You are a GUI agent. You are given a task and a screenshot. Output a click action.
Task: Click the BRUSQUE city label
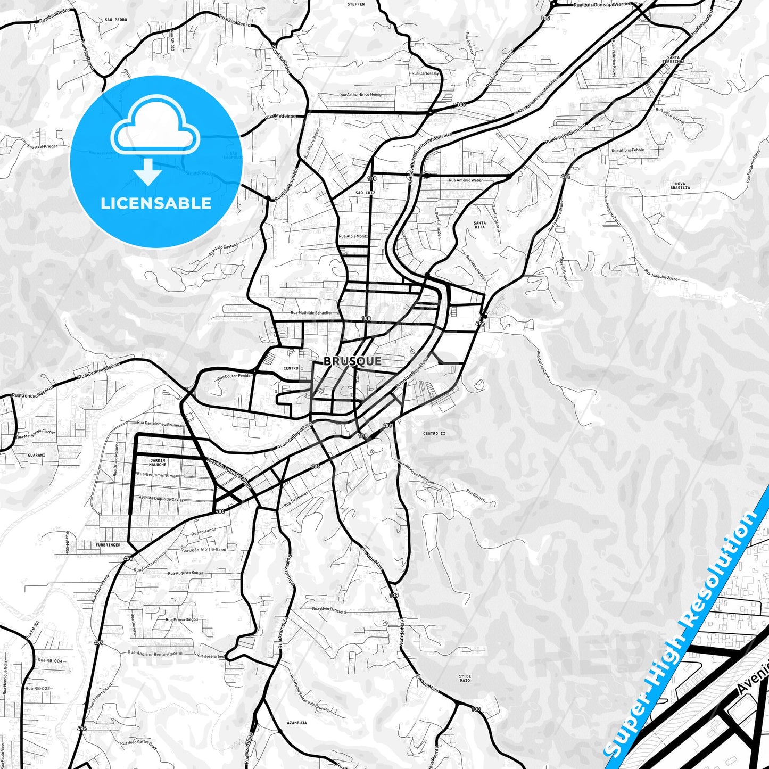click(352, 361)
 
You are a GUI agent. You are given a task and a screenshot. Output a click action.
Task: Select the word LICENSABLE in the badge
click(156, 203)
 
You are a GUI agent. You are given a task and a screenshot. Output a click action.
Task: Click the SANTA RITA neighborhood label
click(479, 225)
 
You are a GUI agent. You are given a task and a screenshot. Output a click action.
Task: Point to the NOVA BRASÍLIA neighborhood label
click(680, 186)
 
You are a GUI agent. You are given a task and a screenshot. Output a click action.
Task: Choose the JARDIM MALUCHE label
click(158, 462)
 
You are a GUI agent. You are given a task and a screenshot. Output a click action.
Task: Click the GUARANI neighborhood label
click(37, 455)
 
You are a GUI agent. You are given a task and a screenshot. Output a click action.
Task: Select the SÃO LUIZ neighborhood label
click(366, 193)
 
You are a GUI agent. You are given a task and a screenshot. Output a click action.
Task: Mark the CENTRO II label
click(434, 433)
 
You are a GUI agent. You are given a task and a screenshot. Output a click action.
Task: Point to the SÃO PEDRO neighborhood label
click(116, 20)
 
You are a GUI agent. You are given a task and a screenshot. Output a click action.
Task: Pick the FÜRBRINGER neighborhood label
click(109, 545)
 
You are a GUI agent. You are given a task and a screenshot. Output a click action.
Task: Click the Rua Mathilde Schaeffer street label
click(311, 313)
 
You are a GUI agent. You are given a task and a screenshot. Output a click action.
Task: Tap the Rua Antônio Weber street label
click(466, 180)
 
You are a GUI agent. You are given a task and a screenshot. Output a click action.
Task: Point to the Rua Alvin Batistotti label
click(329, 610)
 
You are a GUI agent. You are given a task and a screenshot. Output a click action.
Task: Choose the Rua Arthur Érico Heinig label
click(360, 95)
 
